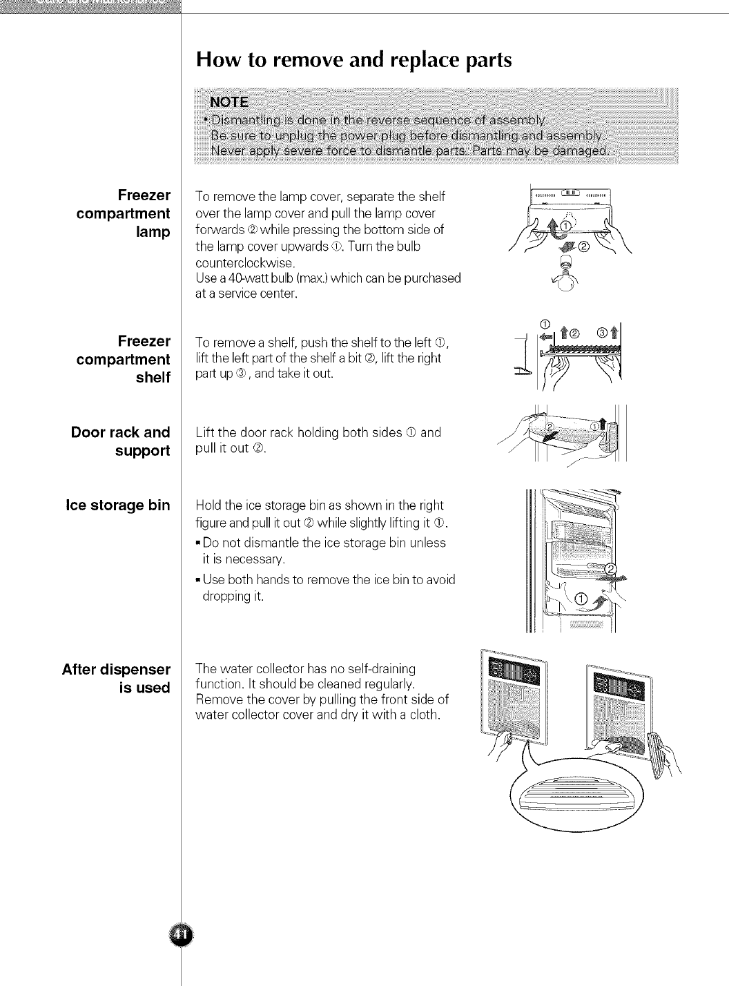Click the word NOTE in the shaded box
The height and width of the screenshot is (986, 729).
(229, 102)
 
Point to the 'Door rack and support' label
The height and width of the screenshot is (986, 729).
(121, 441)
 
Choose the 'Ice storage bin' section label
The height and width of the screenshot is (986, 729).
(117, 505)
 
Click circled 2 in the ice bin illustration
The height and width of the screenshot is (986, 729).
(610, 568)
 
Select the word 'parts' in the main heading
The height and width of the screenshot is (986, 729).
(478, 60)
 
